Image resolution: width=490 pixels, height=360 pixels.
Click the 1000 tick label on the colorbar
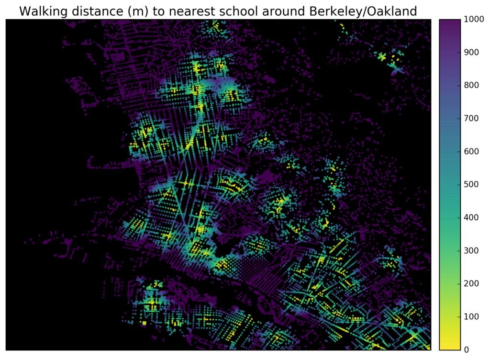[472, 20]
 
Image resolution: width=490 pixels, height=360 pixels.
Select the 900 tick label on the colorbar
[470, 53]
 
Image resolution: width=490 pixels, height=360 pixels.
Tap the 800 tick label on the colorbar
[470, 86]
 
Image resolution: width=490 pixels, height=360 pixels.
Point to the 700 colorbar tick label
[470, 119]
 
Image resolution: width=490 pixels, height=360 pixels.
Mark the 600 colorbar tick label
[470, 152]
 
